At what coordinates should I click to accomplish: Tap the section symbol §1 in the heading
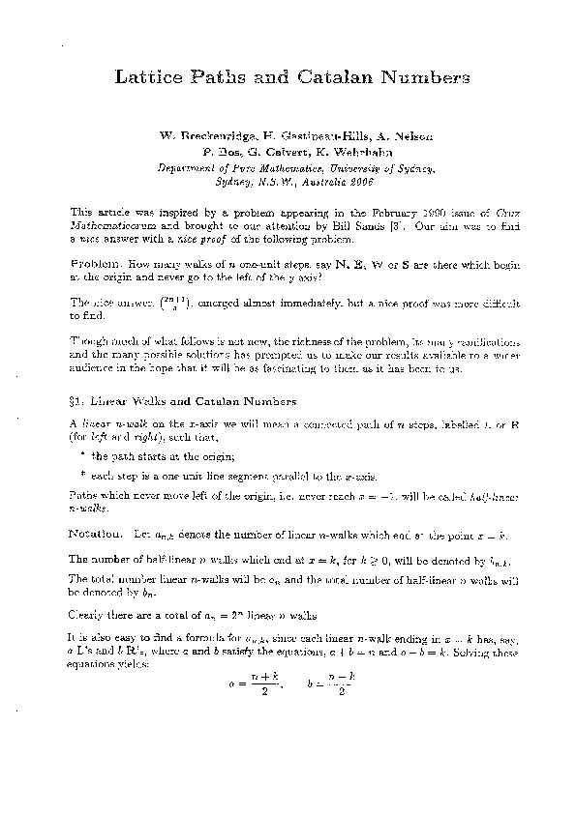tap(78, 401)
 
